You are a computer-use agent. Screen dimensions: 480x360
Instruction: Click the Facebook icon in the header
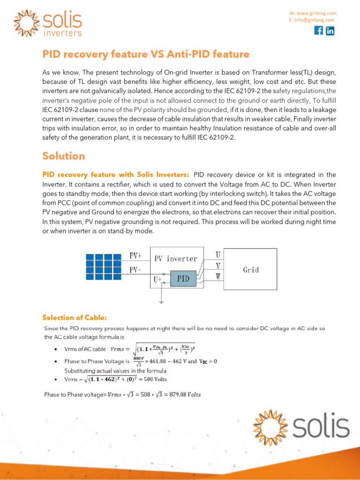click(318, 31)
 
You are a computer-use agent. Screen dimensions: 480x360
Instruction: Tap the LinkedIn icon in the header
click(330, 31)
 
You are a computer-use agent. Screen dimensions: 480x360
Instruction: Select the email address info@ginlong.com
click(314, 20)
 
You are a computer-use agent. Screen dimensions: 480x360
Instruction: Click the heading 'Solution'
click(64, 156)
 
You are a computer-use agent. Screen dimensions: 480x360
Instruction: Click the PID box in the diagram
click(183, 279)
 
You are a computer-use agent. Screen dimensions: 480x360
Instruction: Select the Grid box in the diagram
click(251, 270)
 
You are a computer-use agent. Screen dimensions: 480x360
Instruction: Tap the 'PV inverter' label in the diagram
click(176, 258)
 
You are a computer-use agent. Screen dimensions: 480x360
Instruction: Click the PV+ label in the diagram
click(135, 256)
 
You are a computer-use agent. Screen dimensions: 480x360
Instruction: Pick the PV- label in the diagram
click(135, 270)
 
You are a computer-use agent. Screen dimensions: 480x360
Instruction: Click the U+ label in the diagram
click(157, 279)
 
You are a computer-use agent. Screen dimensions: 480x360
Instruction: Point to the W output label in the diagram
click(217, 277)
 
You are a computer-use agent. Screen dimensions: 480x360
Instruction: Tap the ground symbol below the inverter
click(161, 300)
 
